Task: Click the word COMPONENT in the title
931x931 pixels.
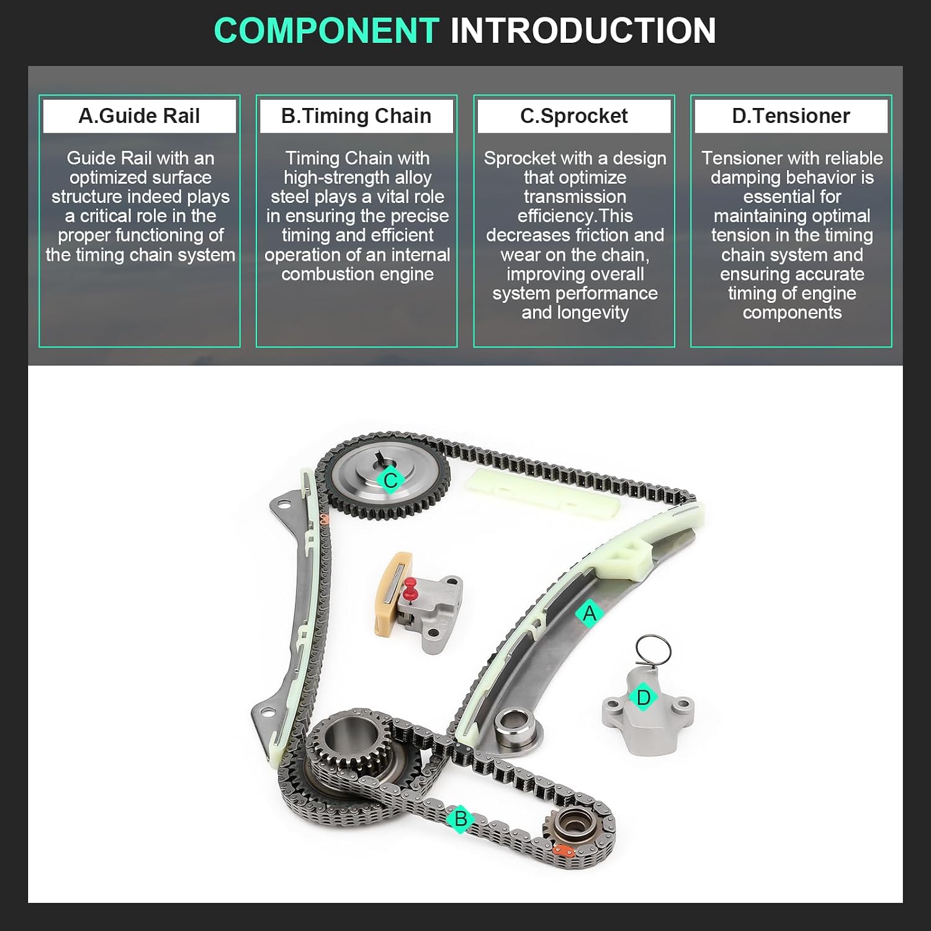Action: coord(326,30)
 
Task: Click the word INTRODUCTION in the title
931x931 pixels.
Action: coord(583,30)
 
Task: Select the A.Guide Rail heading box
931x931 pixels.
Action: coord(139,116)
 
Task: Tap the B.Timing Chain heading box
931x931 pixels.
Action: coord(356,116)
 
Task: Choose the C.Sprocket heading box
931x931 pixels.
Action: coord(574,116)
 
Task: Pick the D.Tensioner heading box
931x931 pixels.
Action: coord(791,116)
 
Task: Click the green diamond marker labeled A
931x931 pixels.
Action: coord(589,613)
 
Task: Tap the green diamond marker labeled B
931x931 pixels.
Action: coord(461,819)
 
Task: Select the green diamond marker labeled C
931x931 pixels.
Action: coord(390,480)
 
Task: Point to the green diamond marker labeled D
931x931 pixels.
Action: coord(644,697)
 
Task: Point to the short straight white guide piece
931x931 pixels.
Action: coord(542,493)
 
